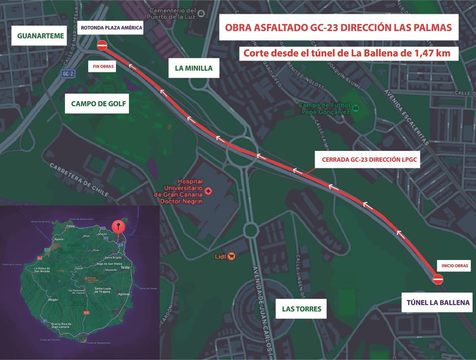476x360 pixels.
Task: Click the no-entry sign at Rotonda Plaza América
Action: coord(102,45)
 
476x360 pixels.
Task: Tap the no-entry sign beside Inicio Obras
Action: coord(438,279)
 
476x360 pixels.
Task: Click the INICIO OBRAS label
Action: coord(454,266)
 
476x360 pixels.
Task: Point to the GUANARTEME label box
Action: coord(40,36)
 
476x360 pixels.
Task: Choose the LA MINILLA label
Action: coord(194,68)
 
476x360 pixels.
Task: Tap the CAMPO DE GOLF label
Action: coord(98,104)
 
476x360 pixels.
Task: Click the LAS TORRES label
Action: coord(301,309)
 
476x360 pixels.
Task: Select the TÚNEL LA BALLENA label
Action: coord(438,303)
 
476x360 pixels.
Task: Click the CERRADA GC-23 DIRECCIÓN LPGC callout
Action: coord(367,159)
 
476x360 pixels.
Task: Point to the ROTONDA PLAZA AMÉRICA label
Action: coord(111,28)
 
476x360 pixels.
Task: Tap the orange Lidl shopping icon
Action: coord(232,256)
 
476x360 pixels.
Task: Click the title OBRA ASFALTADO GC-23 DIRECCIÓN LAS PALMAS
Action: coord(338,28)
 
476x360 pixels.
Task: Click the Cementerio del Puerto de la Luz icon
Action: coord(202,13)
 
